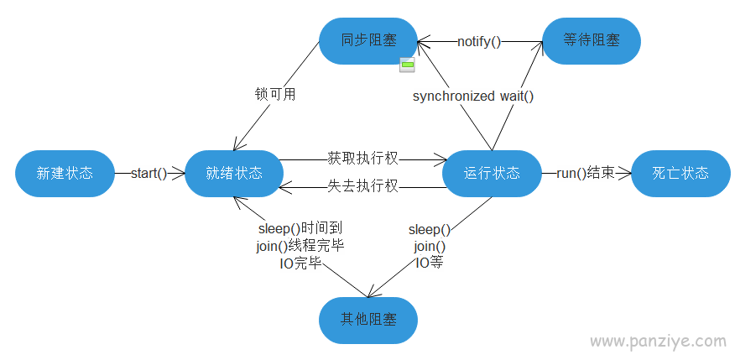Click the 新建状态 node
coord(65,174)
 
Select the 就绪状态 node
coord(234,174)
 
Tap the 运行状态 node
coord(492,174)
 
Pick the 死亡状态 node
coord(680,174)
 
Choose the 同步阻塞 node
coord(368,41)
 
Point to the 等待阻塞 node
coord(591,41)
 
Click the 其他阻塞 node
coord(368,321)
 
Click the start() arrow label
coord(149,174)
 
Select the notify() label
coord(479,42)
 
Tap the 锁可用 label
coord(275,95)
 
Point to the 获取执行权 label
coord(362,159)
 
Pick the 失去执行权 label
coord(362,186)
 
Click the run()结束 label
coord(586,174)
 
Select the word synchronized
coord(454,97)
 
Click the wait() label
coord(517,97)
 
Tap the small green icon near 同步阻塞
coord(407,65)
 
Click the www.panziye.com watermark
coord(658,341)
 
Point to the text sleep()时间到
coord(300,229)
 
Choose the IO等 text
coord(430,263)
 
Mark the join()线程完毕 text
coord(300,246)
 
